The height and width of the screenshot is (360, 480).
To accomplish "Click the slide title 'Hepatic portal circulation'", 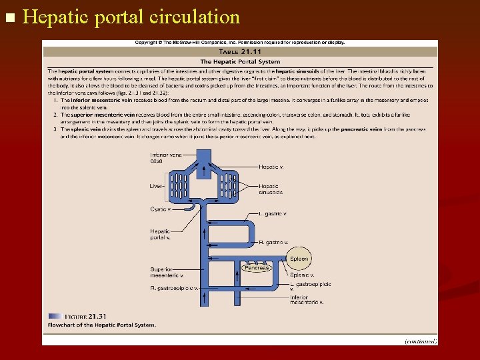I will [x=131, y=17].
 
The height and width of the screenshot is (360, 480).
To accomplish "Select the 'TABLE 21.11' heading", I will [x=240, y=51].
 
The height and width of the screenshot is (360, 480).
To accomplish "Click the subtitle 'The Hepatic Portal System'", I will [x=240, y=61].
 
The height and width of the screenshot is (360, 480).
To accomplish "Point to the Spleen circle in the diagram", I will [x=299, y=259].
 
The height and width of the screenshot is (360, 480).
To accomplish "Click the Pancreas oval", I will [x=256, y=268].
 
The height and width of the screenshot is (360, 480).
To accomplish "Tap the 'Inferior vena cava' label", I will [x=165, y=157].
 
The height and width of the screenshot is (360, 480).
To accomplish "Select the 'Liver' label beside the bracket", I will [x=156, y=186].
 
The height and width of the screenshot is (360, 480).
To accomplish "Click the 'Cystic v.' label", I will [x=160, y=209].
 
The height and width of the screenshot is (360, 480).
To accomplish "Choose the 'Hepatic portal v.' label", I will [x=160, y=234].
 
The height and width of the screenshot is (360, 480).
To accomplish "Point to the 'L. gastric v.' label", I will [x=273, y=214].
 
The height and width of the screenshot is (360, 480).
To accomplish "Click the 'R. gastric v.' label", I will [x=273, y=243].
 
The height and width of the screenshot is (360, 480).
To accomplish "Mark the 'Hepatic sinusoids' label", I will [x=270, y=189].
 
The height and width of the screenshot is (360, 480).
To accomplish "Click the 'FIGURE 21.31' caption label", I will [x=86, y=316].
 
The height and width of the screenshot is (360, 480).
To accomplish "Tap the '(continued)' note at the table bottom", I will [x=421, y=341].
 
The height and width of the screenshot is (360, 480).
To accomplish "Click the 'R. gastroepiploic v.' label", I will [x=174, y=288].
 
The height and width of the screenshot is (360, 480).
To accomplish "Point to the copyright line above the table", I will [x=240, y=43].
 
